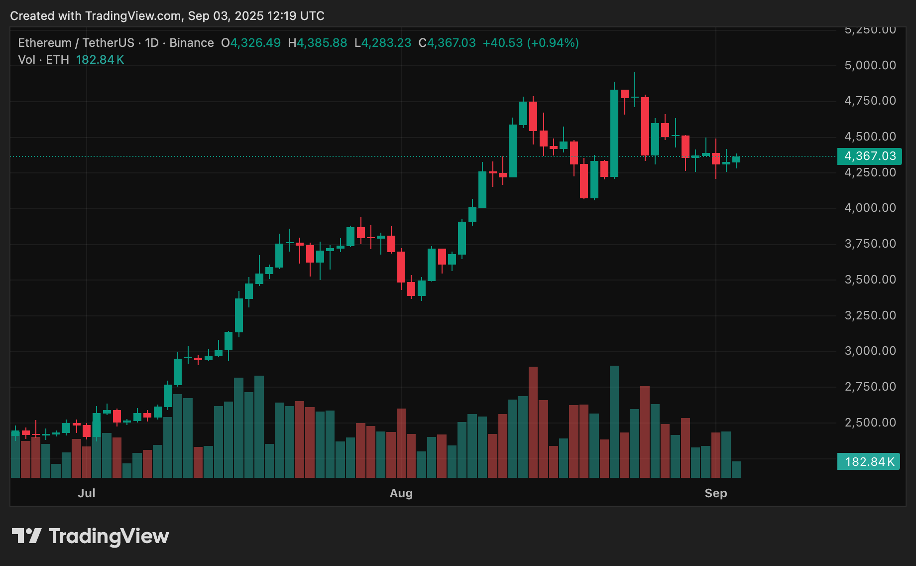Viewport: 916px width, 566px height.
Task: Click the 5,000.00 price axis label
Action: [870, 65]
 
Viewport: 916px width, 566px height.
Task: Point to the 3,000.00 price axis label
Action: [870, 351]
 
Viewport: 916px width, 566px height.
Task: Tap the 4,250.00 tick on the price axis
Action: [870, 172]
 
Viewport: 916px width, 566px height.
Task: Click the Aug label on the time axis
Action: [401, 493]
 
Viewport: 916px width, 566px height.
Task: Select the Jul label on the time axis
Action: [86, 493]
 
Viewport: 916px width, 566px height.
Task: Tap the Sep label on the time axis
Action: [715, 493]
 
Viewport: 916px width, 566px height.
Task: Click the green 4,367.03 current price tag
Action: [869, 156]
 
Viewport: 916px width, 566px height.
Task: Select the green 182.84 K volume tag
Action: [869, 462]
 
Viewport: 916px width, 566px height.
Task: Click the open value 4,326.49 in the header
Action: [255, 43]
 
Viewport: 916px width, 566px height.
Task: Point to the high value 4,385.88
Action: [322, 43]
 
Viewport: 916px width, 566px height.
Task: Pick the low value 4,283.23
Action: [386, 43]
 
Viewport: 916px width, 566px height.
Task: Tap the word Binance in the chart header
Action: [192, 43]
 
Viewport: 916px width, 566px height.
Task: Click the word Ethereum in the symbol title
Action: [45, 43]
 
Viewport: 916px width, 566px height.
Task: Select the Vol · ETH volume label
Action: [43, 60]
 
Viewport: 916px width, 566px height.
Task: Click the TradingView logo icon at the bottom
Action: [26, 536]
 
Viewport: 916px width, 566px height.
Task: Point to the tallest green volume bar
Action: [614, 422]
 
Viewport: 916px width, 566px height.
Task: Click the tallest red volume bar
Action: [533, 422]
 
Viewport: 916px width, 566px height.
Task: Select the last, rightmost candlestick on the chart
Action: [736, 159]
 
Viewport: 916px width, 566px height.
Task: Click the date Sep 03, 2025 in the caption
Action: [226, 16]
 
